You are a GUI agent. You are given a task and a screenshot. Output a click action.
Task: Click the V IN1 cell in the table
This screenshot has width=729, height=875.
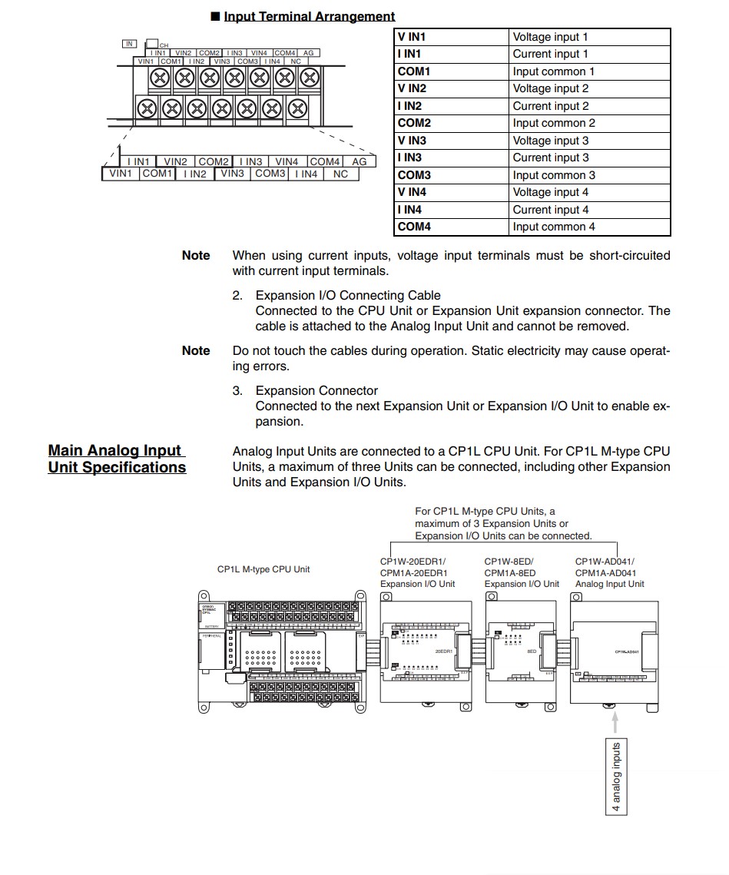[412, 37]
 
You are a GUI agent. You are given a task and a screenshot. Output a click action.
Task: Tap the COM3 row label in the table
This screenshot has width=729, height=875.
[414, 175]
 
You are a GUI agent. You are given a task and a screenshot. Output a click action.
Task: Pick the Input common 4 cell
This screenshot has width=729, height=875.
[554, 227]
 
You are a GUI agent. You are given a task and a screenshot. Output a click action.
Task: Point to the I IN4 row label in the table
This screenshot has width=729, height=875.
[409, 210]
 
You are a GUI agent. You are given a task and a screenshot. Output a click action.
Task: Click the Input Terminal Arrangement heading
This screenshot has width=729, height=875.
[309, 16]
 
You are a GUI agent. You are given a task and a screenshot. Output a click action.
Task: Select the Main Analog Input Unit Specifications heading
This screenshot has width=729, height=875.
[117, 459]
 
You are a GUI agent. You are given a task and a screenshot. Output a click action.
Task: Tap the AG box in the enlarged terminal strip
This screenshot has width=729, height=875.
[360, 161]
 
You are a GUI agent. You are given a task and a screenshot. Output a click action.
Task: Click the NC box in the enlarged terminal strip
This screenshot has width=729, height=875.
[340, 174]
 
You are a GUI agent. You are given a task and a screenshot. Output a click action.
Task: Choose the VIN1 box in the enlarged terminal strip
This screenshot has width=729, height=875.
[121, 174]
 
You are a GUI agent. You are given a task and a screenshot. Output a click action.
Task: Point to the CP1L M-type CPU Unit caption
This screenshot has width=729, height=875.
[263, 569]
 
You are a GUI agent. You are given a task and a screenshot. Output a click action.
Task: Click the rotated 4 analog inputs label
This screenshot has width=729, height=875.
[616, 777]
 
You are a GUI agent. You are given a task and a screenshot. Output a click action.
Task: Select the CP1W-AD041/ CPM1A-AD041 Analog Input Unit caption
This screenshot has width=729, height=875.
[610, 572]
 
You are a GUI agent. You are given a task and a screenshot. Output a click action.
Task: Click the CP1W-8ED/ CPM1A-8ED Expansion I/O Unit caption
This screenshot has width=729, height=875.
[522, 572]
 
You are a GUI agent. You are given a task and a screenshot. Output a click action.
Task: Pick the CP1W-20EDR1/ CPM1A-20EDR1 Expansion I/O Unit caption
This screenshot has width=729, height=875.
[417, 572]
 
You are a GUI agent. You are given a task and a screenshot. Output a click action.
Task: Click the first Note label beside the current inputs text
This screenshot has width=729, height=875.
[196, 255]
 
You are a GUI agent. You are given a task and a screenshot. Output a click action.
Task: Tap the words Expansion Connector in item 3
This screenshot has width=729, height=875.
[316, 390]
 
